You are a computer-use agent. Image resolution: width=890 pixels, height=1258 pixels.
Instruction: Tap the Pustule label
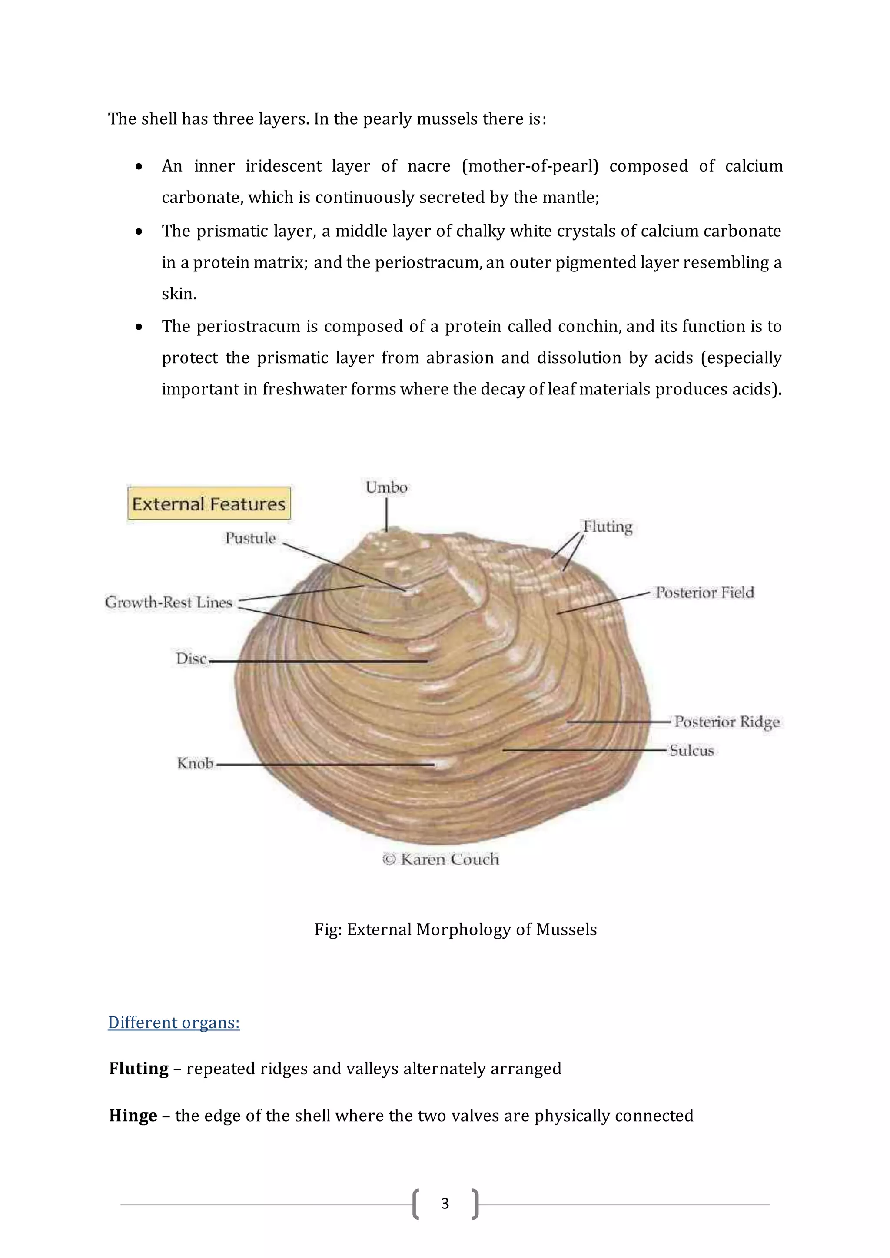250,538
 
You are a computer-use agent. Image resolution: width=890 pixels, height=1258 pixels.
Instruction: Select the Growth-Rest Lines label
169,602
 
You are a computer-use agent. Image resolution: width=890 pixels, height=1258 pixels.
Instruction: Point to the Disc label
191,659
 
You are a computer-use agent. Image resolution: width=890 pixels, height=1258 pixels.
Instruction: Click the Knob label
195,763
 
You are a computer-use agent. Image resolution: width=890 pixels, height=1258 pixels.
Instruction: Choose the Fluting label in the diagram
607,526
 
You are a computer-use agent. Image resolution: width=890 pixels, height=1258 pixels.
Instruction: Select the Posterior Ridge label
727,722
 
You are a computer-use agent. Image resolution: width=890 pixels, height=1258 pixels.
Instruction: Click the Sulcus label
691,751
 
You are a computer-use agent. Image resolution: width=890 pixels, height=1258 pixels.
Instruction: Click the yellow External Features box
209,503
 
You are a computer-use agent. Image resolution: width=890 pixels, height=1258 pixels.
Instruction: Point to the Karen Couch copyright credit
441,859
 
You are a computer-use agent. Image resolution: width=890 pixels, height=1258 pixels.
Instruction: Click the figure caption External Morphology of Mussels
455,929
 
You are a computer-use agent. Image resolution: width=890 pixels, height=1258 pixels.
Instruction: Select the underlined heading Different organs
174,1023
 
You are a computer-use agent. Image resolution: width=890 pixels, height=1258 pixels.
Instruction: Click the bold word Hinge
133,1116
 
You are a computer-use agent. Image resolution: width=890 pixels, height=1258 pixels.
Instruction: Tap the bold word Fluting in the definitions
139,1069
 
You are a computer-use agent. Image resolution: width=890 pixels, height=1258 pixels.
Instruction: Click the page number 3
445,1204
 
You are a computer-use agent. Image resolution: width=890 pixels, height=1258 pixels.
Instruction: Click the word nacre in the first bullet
429,166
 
